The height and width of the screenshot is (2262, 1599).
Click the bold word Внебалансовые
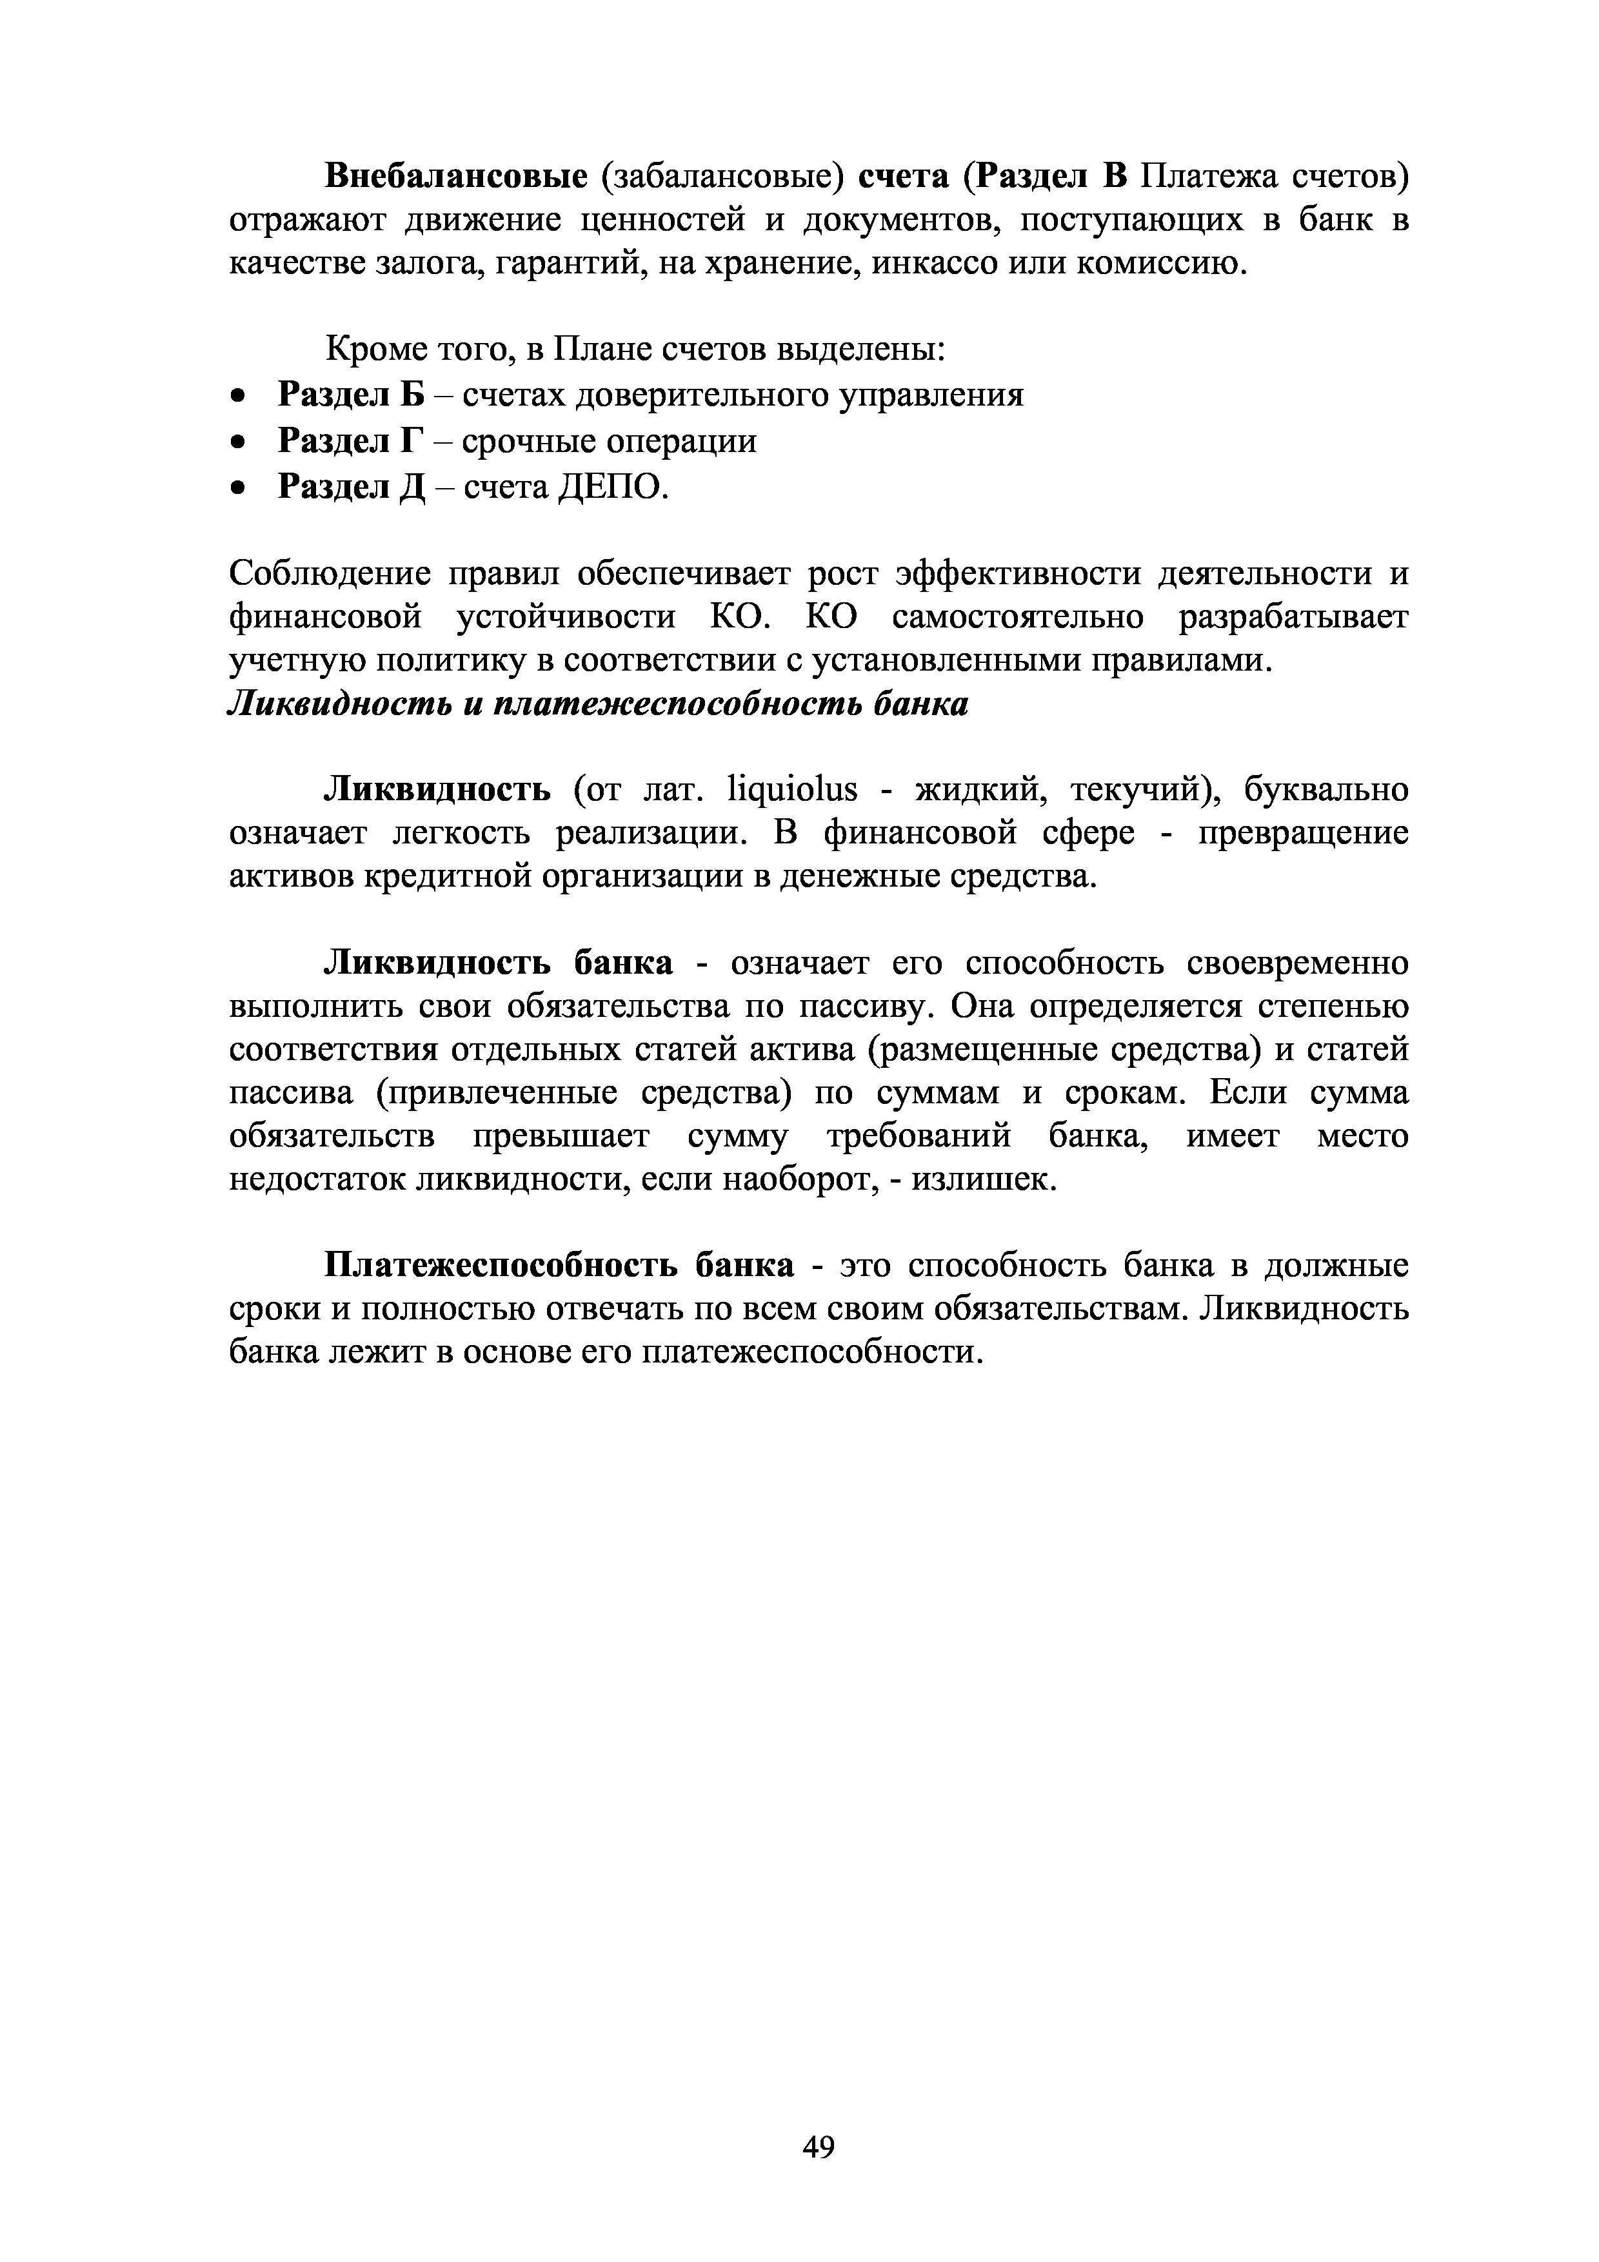coord(455,177)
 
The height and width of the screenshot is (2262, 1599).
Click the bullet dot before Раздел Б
coord(237,396)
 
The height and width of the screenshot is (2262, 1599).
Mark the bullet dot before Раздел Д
coord(237,487)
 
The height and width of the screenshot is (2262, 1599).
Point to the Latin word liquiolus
coord(791,790)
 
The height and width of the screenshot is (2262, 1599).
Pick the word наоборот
coord(796,1179)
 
